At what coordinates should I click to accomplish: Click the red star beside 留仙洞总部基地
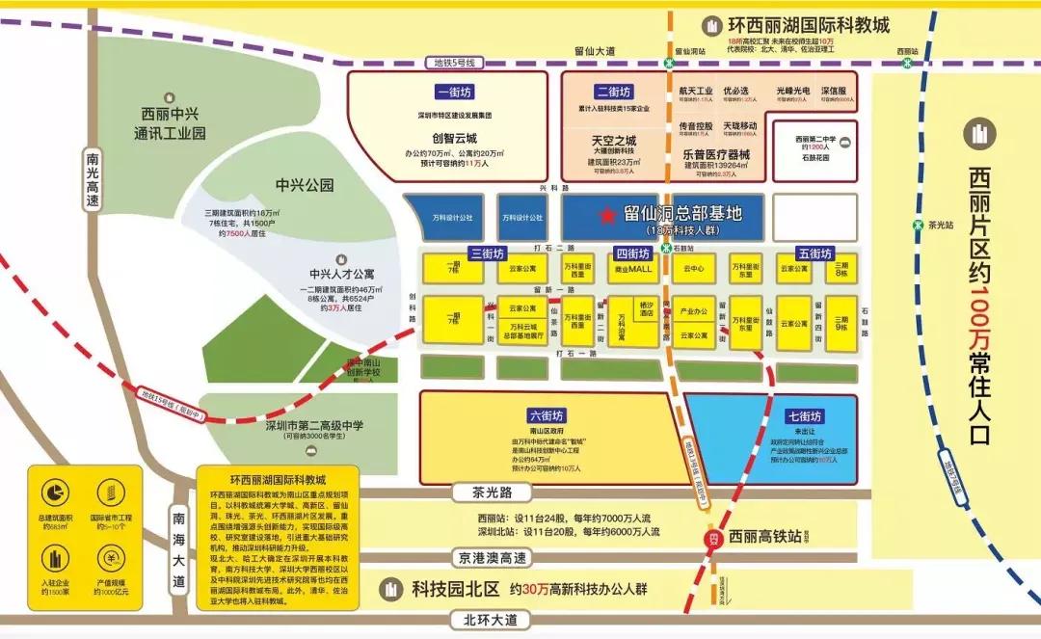click(607, 215)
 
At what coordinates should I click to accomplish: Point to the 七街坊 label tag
click(802, 416)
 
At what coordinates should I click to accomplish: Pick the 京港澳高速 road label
click(492, 557)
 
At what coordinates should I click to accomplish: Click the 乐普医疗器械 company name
click(715, 152)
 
